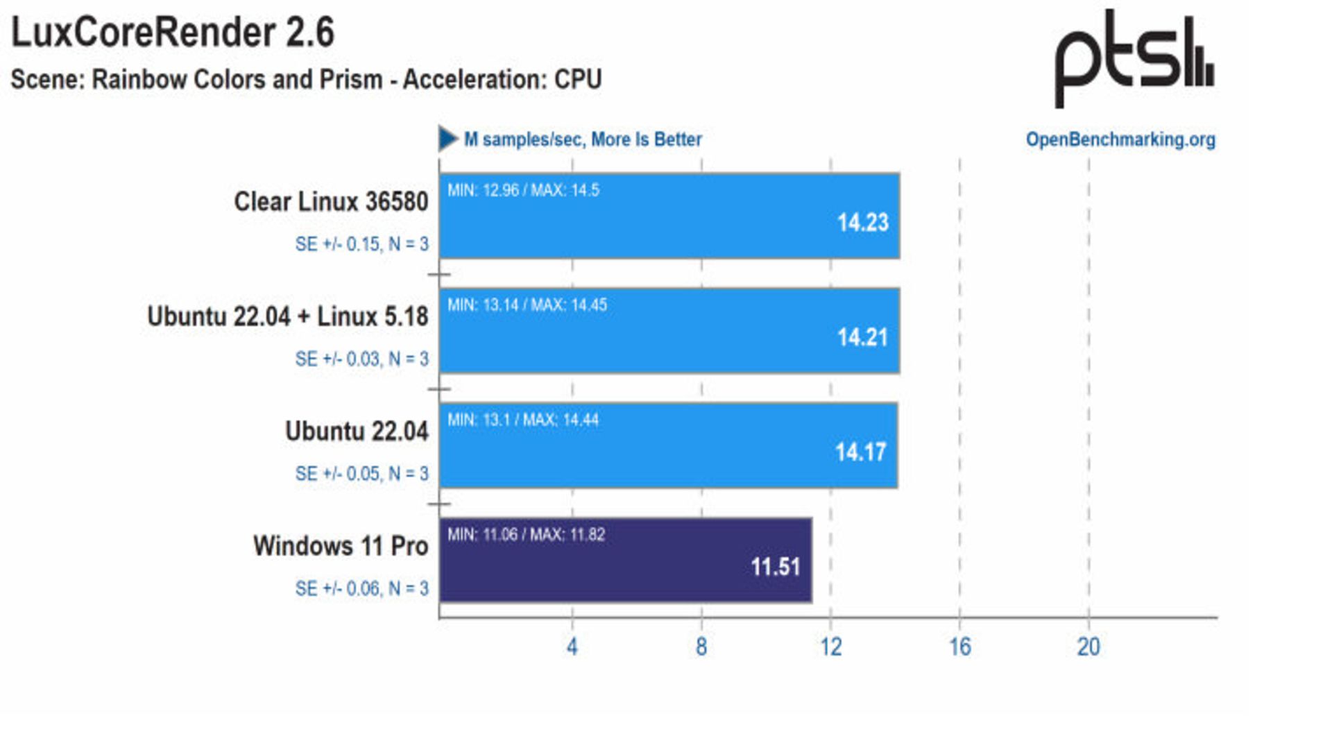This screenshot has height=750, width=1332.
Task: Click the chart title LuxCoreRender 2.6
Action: (173, 33)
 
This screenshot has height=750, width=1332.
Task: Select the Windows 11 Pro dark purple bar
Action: (624, 561)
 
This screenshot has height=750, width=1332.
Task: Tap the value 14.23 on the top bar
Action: (862, 223)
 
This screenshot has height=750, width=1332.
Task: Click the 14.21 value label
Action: (862, 338)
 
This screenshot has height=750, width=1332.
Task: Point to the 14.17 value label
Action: (860, 452)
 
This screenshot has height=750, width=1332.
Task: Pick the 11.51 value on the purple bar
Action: (775, 567)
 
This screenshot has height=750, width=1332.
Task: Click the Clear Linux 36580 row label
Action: (331, 202)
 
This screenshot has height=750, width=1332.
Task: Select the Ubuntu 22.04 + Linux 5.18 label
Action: (288, 316)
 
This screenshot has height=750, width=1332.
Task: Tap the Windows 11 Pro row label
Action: (341, 546)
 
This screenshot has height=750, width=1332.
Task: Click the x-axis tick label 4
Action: (572, 647)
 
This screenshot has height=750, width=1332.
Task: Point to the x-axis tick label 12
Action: (830, 647)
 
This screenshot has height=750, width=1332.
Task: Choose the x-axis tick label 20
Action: (1088, 647)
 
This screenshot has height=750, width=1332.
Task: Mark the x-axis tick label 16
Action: (959, 647)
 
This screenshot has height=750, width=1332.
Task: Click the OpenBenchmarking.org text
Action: (1120, 139)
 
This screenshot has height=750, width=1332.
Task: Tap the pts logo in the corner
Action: (1134, 58)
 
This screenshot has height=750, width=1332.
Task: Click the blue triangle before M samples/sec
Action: (447, 139)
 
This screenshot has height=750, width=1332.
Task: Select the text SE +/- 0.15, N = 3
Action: (361, 244)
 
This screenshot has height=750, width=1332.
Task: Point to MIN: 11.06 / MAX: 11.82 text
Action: (526, 535)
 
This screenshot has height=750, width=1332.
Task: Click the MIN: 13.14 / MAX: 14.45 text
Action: (527, 305)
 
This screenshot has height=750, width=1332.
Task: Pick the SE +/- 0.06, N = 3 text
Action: (361, 589)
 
